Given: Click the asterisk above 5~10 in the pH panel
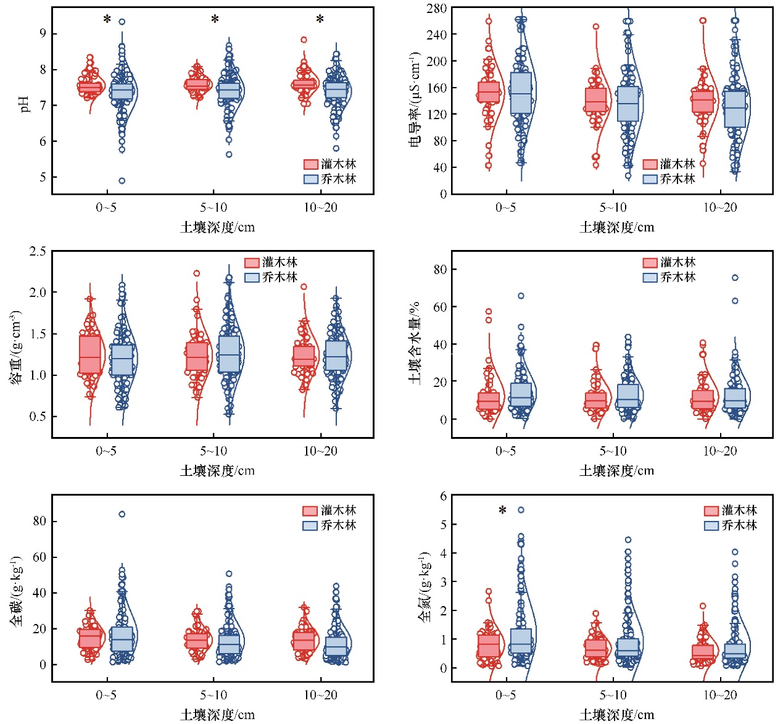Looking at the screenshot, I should coord(215,19).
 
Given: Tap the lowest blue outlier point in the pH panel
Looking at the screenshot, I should coord(122,181).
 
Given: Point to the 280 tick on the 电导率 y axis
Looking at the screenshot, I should coord(437,8).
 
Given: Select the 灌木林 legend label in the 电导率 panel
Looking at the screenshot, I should coord(677,164).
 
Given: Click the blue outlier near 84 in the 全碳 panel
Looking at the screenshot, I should coord(122,514).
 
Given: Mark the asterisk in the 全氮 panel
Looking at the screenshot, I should coord(503,510).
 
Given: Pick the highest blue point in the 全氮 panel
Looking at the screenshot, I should coord(521,510).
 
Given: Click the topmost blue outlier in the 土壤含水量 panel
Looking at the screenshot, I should coord(735,278).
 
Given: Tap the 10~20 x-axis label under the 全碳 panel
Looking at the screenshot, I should coord(320,695).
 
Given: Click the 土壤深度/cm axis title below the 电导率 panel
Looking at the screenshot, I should coord(616,227).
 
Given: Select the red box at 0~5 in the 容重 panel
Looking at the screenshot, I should coord(90,354).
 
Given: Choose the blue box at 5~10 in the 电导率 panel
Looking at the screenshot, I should coord(628,103).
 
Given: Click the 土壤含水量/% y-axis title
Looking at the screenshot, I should coord(415,343).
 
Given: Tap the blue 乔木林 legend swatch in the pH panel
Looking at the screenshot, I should coord(310,179).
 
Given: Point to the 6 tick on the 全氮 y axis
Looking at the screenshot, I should coord(442,496).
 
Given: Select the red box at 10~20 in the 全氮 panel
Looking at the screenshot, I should coord(703,652).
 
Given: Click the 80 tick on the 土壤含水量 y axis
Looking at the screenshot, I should coord(440,269).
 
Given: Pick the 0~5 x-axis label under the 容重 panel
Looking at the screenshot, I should coord(106,451).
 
